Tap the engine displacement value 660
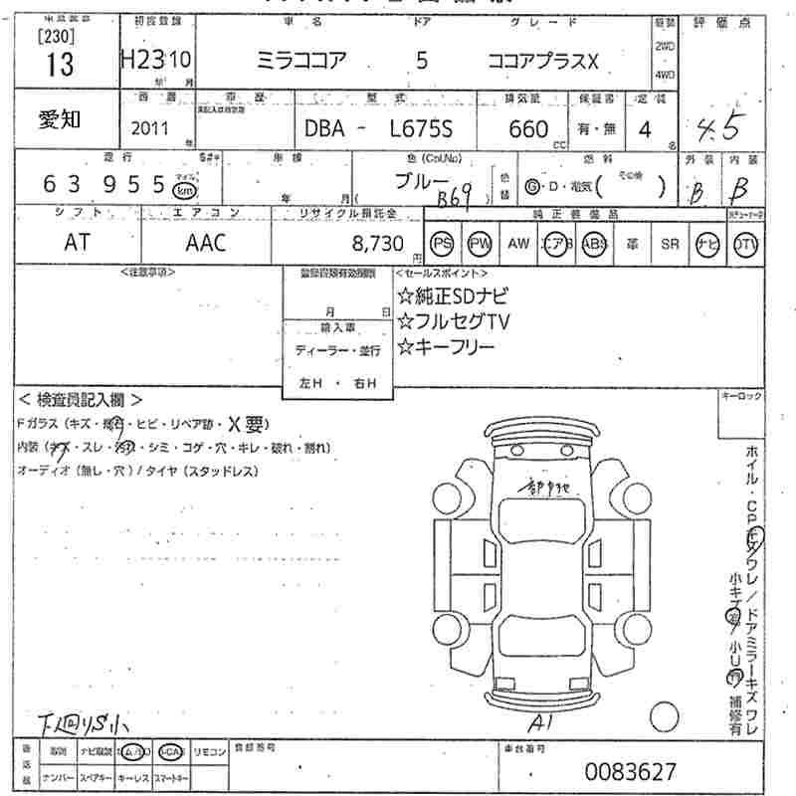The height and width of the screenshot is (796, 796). tap(528, 128)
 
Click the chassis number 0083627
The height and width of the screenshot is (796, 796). tap(631, 771)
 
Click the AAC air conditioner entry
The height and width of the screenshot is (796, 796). tap(206, 242)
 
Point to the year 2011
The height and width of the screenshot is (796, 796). tap(150, 129)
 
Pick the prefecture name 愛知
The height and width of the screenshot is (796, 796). tap(61, 118)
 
